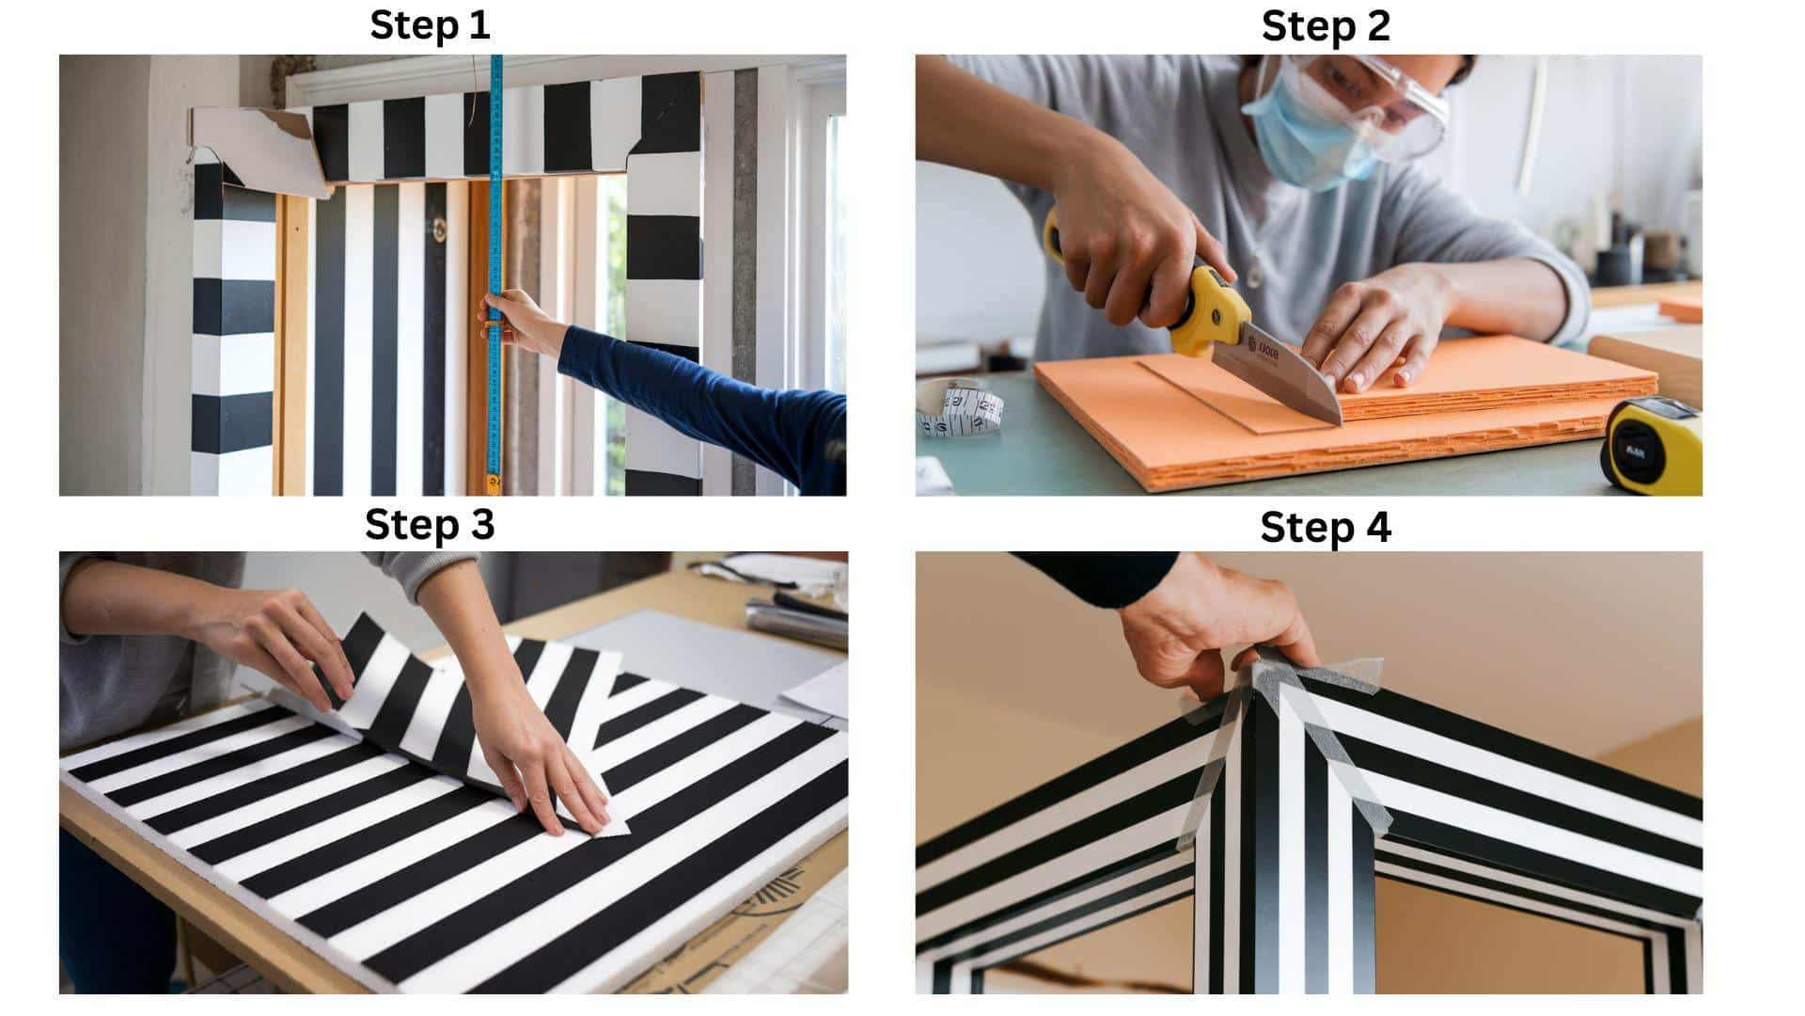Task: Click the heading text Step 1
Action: [x=430, y=25]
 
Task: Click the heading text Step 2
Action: [x=1325, y=25]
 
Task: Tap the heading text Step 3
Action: [x=430, y=525]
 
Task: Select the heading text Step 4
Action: [x=1325, y=527]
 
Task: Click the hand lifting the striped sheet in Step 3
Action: [x=282, y=640]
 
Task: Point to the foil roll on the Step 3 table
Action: [x=794, y=621]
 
